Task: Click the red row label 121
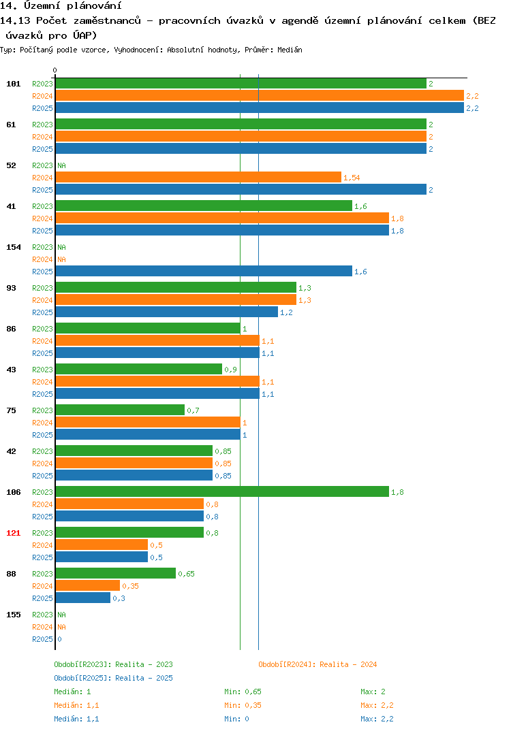(x=14, y=533)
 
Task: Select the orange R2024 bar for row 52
(x=198, y=177)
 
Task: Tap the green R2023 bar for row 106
(x=222, y=491)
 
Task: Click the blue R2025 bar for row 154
(x=204, y=271)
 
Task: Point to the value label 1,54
(x=352, y=178)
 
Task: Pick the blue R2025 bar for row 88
(x=83, y=598)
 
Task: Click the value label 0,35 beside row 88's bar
(x=130, y=586)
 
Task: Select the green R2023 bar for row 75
(x=120, y=410)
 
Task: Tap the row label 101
(x=14, y=84)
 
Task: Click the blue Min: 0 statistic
(x=236, y=719)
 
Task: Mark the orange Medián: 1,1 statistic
(x=76, y=705)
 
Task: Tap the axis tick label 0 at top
(x=55, y=70)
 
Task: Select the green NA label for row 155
(x=61, y=615)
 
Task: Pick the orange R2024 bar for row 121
(x=102, y=545)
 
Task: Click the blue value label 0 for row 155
(x=59, y=639)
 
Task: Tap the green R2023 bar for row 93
(x=176, y=287)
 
